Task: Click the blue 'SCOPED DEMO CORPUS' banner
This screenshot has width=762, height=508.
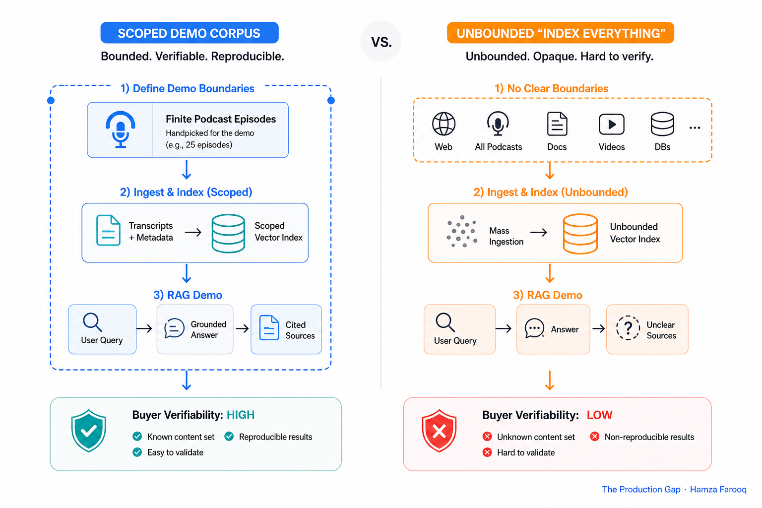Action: coord(190,33)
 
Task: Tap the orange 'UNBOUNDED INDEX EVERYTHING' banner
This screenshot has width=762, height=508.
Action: coord(560,33)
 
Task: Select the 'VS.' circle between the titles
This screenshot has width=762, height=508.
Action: coord(381,41)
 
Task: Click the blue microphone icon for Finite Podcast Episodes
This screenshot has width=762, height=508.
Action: coord(121,129)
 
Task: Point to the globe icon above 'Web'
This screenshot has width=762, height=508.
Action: coord(444,124)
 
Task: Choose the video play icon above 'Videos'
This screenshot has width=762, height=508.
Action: coord(611,124)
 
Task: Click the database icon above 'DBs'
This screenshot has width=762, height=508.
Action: coord(662,124)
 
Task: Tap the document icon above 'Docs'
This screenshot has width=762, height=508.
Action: coord(557,124)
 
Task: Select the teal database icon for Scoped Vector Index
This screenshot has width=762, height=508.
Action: coord(228,234)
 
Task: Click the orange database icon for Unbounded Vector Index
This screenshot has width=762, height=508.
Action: coord(580,234)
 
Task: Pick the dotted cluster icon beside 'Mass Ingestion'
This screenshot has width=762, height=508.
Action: coord(462,231)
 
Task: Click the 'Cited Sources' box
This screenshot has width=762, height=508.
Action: coord(286,329)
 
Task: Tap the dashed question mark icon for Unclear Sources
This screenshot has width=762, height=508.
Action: coord(628,327)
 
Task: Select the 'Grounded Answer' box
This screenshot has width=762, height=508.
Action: coord(195,329)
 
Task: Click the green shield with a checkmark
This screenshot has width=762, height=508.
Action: coord(88,431)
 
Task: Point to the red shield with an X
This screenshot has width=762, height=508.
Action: coord(439,431)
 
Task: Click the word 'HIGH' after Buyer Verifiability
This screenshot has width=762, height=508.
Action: coord(241,415)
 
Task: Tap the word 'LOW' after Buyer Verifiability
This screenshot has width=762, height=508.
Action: coord(599,415)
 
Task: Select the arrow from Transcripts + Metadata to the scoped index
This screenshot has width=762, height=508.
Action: coord(193,232)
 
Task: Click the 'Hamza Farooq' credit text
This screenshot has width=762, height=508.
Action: coord(718,489)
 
